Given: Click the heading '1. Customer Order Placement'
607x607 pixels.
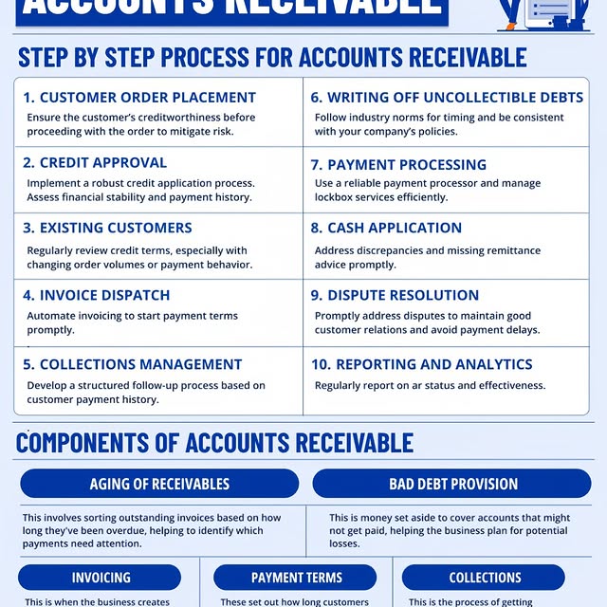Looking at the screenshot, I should pyautogui.click(x=139, y=97).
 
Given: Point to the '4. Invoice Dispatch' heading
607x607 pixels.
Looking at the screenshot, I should pyautogui.click(x=97, y=295).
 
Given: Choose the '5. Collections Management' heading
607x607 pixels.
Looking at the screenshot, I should pyautogui.click(x=133, y=364).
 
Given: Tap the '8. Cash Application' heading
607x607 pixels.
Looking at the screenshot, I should pyautogui.click(x=386, y=228).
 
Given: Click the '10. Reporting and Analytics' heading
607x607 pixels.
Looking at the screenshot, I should pyautogui.click(x=421, y=364).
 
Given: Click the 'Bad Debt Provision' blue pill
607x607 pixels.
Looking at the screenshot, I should pyautogui.click(x=453, y=484).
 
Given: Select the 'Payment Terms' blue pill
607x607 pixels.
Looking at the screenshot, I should pyautogui.click(x=297, y=578).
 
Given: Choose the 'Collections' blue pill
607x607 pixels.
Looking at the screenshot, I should pyautogui.click(x=485, y=578).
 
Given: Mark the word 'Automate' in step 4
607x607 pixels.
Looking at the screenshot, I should pyautogui.click(x=53, y=316).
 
